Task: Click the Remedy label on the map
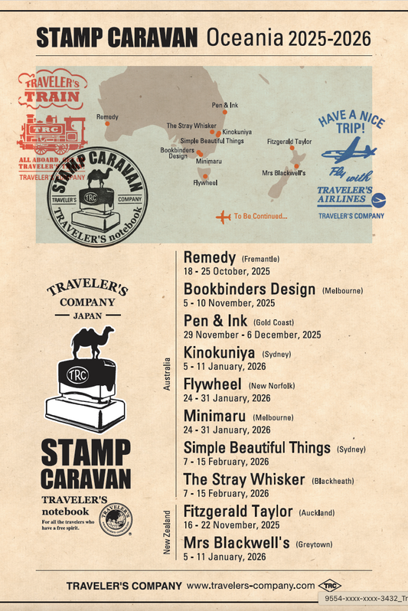coord(107,116)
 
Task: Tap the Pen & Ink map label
coord(225,104)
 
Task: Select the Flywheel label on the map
coord(205,183)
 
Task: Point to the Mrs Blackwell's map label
coord(284,173)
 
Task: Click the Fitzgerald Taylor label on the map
coord(289,142)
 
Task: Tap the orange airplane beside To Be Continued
coord(224,217)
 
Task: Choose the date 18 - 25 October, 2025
coord(227,271)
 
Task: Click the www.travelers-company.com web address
coord(251,586)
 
